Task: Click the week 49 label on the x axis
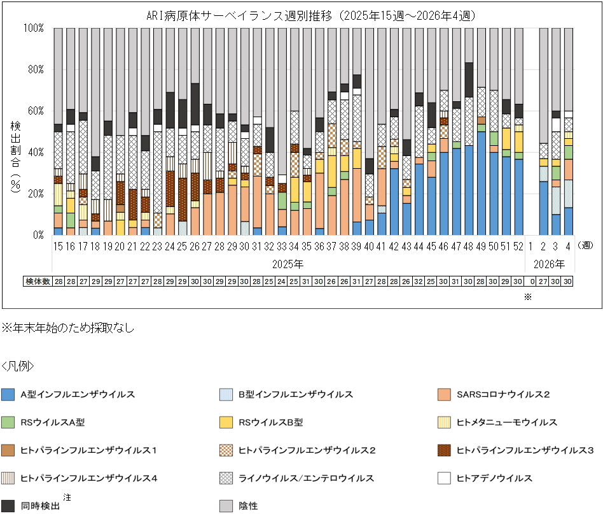click(482, 245)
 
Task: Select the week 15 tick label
click(58, 245)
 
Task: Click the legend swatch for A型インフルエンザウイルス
click(9, 395)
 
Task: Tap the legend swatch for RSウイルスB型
click(228, 422)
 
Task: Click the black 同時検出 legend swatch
click(9, 506)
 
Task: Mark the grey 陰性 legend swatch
click(228, 506)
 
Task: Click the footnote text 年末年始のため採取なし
click(71, 329)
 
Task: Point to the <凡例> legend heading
click(18, 366)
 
